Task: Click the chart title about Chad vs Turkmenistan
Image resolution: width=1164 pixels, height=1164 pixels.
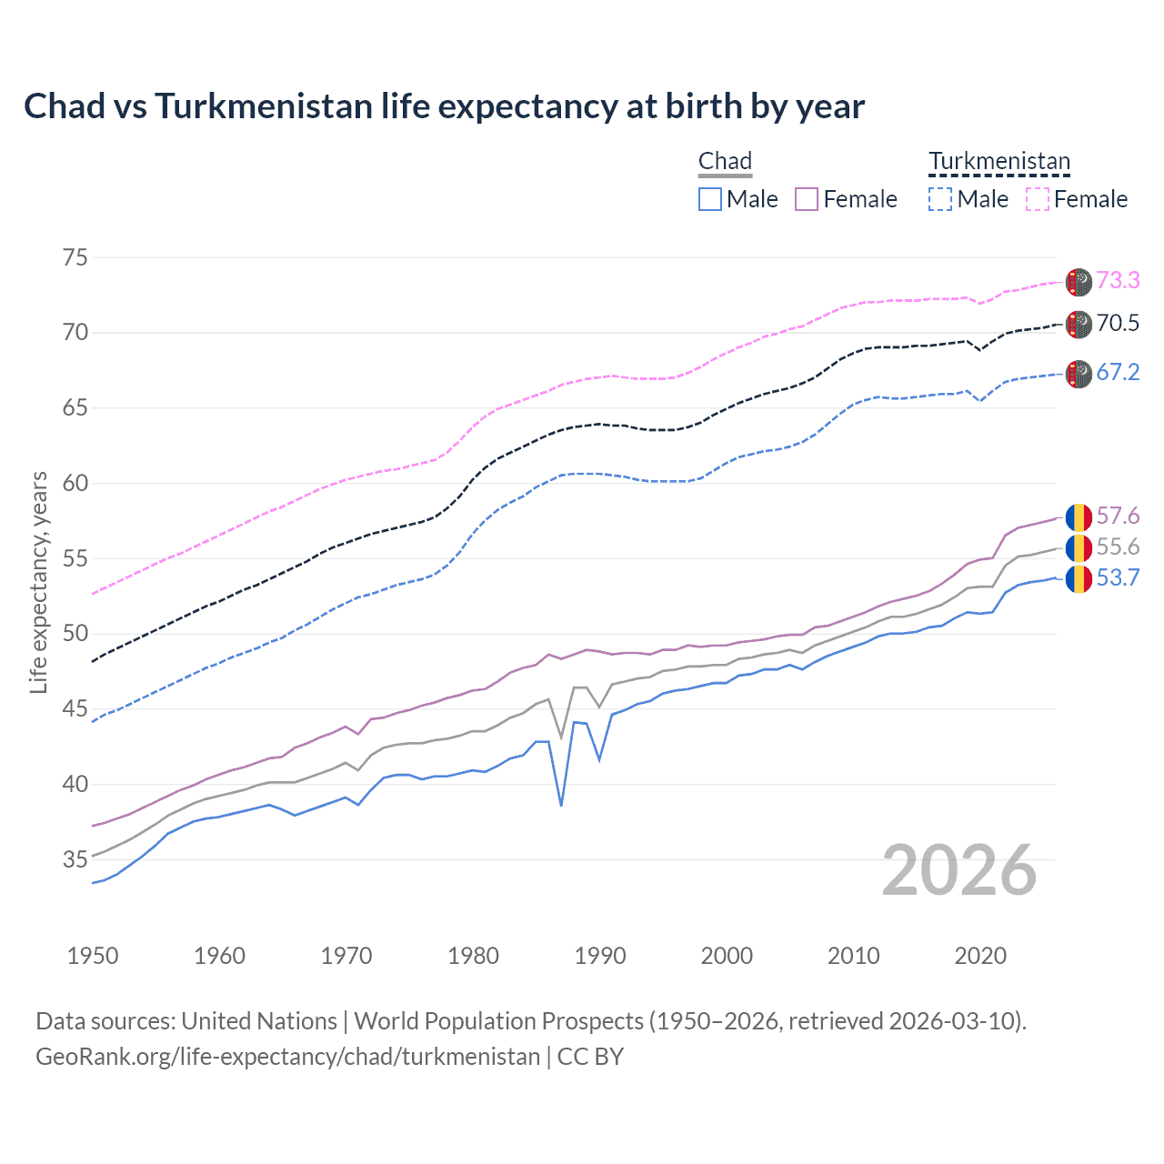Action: point(444,106)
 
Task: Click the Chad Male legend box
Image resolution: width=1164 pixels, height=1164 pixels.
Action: point(710,199)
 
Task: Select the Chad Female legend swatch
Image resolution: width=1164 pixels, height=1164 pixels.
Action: point(807,199)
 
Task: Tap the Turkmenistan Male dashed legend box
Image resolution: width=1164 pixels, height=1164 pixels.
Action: point(940,199)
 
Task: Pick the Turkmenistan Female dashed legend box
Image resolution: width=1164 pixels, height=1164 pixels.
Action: point(1038,199)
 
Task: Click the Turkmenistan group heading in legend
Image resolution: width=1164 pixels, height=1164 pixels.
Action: point(998,162)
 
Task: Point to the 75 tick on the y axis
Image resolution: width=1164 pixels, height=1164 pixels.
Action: point(75,257)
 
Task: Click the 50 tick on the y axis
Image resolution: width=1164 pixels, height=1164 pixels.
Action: point(75,634)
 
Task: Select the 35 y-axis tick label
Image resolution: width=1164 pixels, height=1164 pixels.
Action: point(75,859)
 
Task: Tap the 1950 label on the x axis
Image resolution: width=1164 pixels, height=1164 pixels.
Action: point(93,956)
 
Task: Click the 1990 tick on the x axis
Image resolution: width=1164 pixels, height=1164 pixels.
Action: point(600,956)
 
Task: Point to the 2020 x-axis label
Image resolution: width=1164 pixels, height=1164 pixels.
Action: point(980,956)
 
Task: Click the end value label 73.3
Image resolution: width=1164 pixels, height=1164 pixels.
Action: point(1118,280)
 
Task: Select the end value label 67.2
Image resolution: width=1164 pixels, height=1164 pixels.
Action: point(1118,373)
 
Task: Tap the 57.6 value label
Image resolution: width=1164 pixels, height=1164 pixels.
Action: point(1118,517)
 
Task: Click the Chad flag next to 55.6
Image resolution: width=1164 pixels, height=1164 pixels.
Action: point(1079,547)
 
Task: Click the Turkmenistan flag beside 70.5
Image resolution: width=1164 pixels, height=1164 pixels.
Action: point(1079,324)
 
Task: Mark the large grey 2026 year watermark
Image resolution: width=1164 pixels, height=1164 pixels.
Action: point(959,870)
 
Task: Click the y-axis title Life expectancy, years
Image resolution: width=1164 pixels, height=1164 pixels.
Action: point(39,582)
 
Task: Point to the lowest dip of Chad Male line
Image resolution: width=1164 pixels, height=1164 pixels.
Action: point(561,805)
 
